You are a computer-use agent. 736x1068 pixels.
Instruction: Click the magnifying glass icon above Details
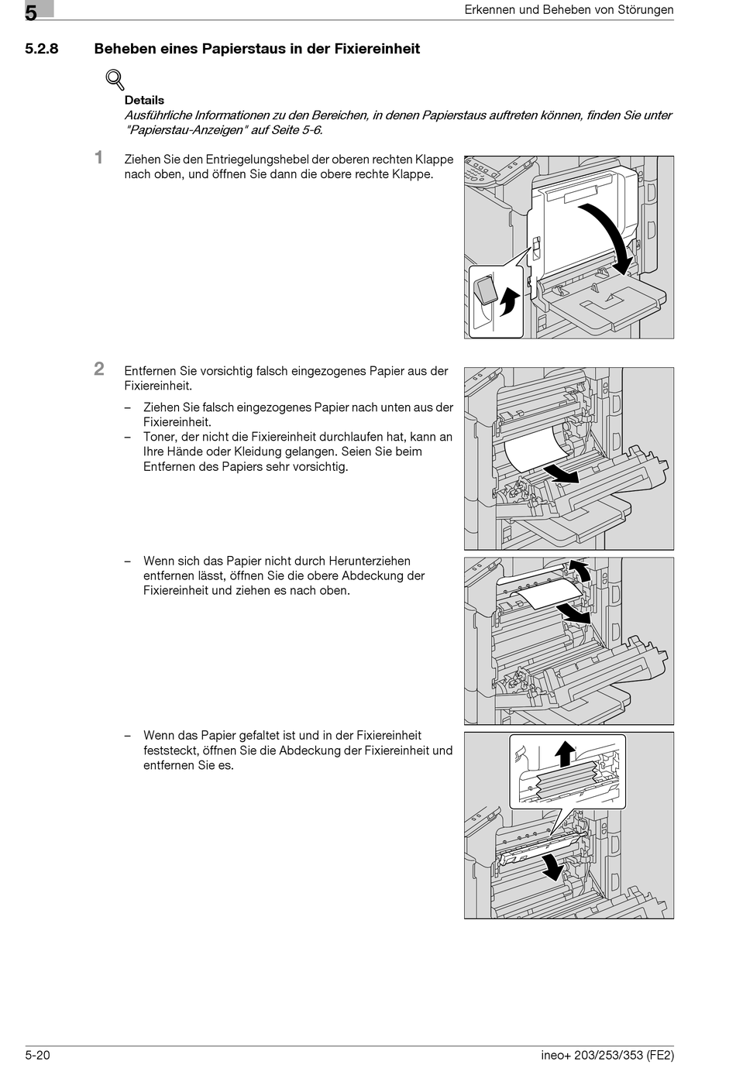[115, 79]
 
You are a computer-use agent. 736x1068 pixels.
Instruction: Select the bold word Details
[144, 100]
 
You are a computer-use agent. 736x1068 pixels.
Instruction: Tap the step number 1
[98, 158]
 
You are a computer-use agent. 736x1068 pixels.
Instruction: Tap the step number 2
[99, 369]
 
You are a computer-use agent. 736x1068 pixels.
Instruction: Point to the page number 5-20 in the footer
[37, 1055]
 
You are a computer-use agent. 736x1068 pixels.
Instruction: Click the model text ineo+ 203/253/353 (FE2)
[607, 1055]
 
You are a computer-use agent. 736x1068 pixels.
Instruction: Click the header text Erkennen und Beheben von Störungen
[569, 10]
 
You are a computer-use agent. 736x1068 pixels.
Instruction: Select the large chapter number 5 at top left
[31, 12]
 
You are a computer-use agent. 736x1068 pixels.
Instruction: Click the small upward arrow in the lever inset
[508, 300]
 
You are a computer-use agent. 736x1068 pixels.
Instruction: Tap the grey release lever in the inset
[486, 291]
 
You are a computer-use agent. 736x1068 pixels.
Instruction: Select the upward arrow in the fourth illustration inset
[566, 754]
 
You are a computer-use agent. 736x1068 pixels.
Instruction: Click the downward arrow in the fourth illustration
[552, 865]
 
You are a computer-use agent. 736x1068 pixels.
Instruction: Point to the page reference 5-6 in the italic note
[309, 130]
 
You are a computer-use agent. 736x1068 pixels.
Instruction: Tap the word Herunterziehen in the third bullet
[370, 561]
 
